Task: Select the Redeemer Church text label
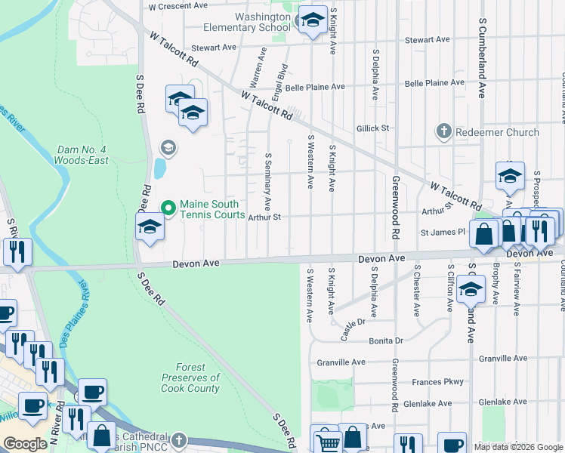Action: pos(497,132)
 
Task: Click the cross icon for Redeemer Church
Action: pos(443,132)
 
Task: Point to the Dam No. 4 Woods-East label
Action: pos(81,155)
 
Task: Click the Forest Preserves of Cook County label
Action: pos(190,383)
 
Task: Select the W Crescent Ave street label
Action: pos(178,5)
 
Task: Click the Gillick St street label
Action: pos(373,128)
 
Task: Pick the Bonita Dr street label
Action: pos(387,341)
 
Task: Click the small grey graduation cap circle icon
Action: pos(168,148)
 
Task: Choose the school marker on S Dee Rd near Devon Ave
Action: pos(150,226)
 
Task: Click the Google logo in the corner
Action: pos(25,444)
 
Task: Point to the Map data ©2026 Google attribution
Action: pos(518,447)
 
